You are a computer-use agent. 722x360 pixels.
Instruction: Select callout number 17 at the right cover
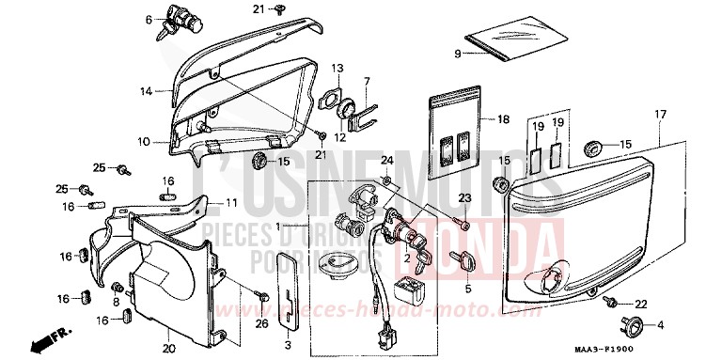[660, 114]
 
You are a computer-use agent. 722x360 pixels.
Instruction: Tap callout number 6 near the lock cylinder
[149, 19]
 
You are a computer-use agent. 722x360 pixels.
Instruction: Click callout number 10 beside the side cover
[144, 142]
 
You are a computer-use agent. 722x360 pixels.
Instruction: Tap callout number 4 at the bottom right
[660, 325]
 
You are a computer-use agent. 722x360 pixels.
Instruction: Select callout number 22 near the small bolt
[641, 304]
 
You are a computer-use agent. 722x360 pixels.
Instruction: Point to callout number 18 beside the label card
[503, 120]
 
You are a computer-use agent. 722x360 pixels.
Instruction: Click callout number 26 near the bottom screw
[262, 323]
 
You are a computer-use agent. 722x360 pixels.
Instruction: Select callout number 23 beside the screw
[463, 197]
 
